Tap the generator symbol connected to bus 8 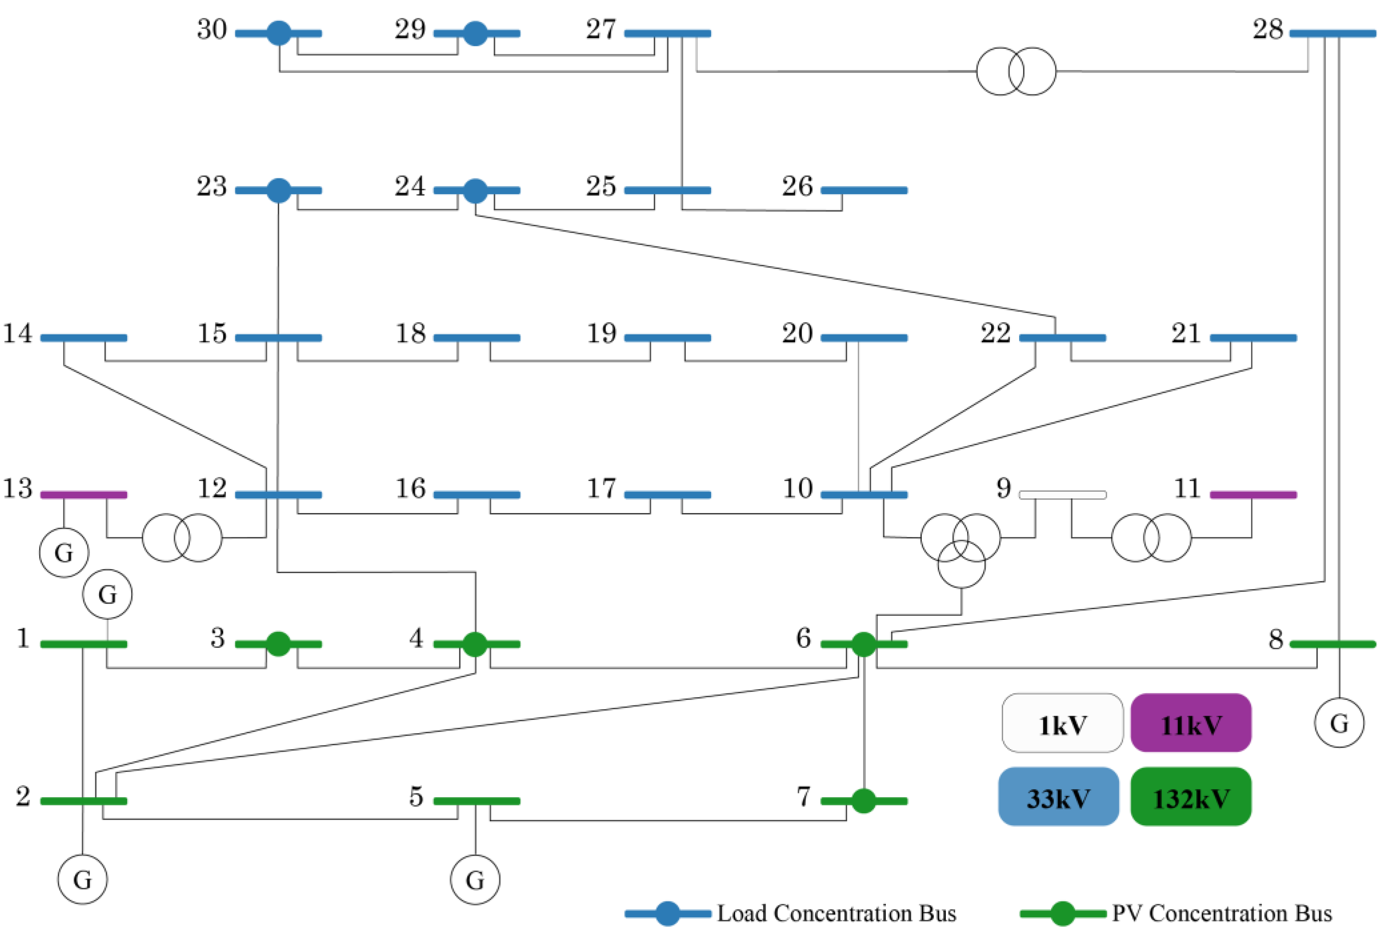point(1339,723)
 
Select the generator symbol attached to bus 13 point(64,552)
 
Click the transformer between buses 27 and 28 point(1016,71)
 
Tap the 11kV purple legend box point(1191,723)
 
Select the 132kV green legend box point(1191,797)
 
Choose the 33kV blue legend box point(1059,797)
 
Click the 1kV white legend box point(1062,723)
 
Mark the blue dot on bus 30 point(279,33)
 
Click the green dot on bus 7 point(863,801)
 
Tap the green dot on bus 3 point(278,644)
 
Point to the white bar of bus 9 point(1062,495)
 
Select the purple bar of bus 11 point(1253,495)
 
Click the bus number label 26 point(797,186)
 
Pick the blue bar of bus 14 point(84,338)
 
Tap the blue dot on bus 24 point(475,190)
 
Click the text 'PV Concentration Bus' point(1221,914)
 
